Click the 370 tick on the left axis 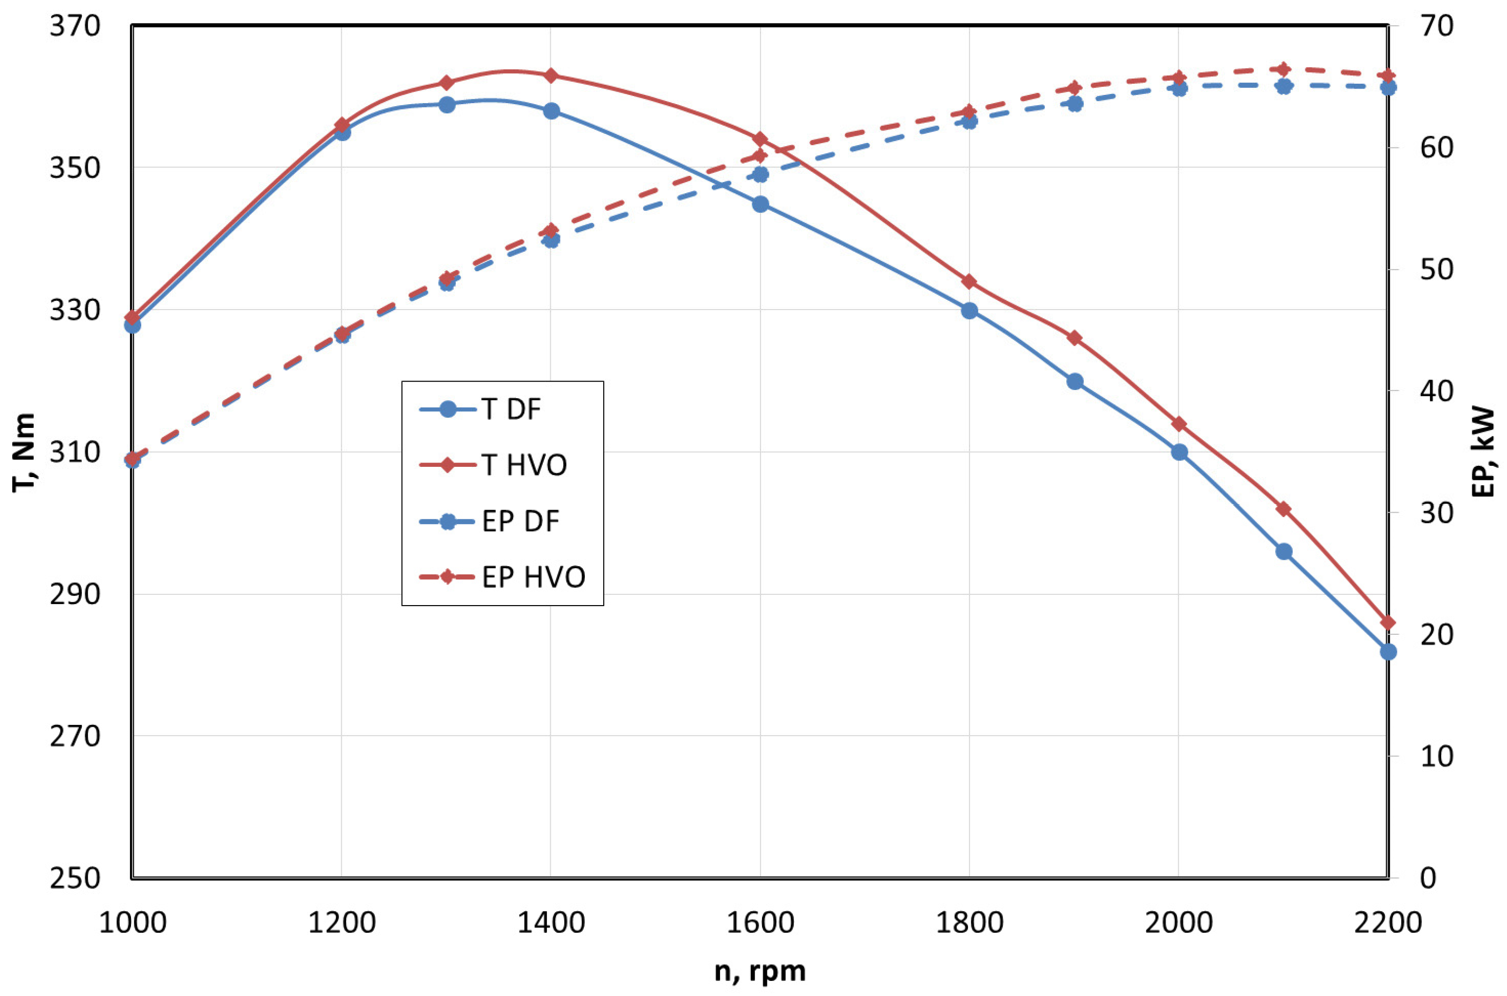tap(75, 27)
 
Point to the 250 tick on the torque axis tap(75, 879)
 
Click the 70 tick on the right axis tap(1436, 27)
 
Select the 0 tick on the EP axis tap(1428, 879)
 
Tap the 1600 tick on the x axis tap(760, 923)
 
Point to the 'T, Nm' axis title tap(24, 452)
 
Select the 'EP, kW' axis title tap(1484, 452)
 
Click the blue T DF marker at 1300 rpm tap(447, 105)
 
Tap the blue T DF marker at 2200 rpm tap(1388, 652)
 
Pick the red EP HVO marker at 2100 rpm tap(1284, 69)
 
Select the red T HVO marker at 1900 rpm tap(1074, 338)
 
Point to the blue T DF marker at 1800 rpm tap(969, 311)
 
